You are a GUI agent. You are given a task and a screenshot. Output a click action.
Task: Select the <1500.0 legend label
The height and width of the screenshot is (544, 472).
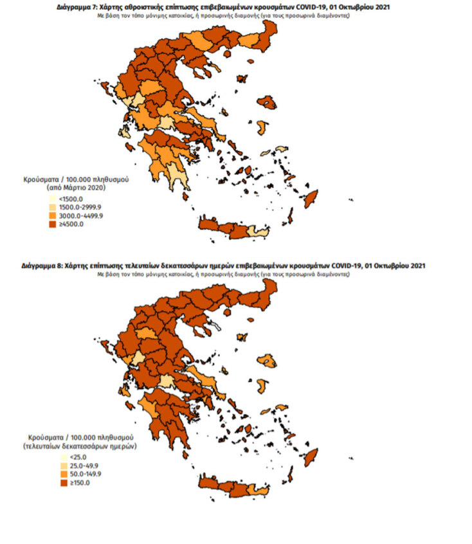pos(66,200)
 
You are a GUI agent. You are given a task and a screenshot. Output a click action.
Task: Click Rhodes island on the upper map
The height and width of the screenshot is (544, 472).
pos(311,199)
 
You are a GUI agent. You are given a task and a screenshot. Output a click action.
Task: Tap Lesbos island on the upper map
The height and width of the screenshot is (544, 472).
pos(266,102)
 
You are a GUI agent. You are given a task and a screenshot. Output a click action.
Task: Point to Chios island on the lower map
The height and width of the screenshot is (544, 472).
pos(260,386)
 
